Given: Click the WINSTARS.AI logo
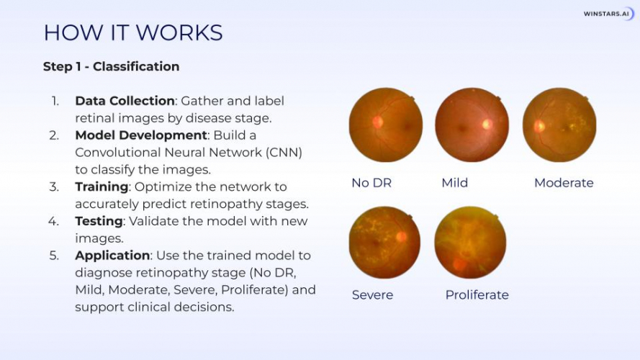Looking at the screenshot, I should click(x=608, y=13).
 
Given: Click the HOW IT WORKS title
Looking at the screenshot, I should click(x=132, y=32).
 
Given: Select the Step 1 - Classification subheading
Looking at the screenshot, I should click(x=111, y=66).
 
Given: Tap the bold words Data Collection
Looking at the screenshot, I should click(x=125, y=101).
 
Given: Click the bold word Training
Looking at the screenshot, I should click(x=101, y=186).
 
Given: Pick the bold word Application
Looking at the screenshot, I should click(x=112, y=256).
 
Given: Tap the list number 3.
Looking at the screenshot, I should click(x=54, y=186).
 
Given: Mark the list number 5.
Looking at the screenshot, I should click(x=54, y=256).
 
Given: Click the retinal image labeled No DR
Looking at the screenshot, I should click(x=385, y=125).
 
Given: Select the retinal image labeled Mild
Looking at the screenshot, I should click(x=472, y=125).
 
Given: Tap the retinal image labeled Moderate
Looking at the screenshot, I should click(x=559, y=125).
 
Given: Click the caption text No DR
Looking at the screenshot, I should click(x=371, y=183).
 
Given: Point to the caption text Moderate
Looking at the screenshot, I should click(x=564, y=183).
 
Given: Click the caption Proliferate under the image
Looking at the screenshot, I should click(x=477, y=295).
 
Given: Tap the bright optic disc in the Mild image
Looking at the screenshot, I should click(x=487, y=124).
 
